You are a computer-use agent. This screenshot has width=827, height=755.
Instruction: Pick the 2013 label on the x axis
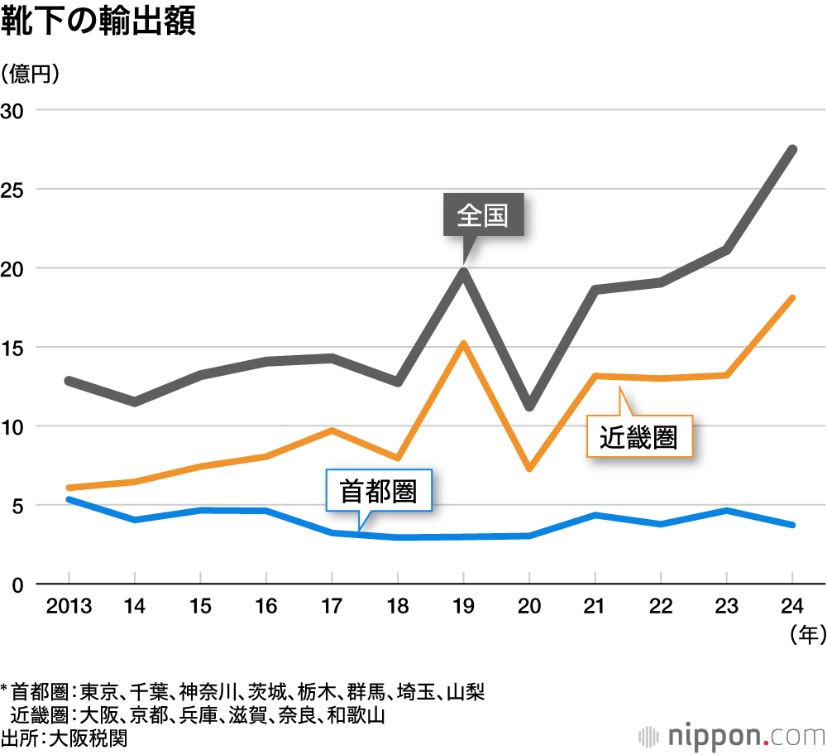(69, 606)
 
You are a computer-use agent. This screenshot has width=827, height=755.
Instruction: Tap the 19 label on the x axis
(463, 606)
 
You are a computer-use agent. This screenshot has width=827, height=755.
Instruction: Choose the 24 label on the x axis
(792, 606)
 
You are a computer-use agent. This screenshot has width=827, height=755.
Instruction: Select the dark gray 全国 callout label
(482, 217)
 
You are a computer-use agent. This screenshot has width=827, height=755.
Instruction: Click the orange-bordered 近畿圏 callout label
(638, 436)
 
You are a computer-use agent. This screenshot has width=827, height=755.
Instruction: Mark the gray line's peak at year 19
(464, 271)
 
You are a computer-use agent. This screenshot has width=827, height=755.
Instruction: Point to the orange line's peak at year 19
(464, 344)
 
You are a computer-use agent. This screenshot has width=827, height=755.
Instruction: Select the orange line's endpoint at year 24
(792, 298)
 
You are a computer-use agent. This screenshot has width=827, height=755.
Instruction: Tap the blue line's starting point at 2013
(69, 499)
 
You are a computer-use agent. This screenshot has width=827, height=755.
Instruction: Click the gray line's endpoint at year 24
(792, 150)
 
